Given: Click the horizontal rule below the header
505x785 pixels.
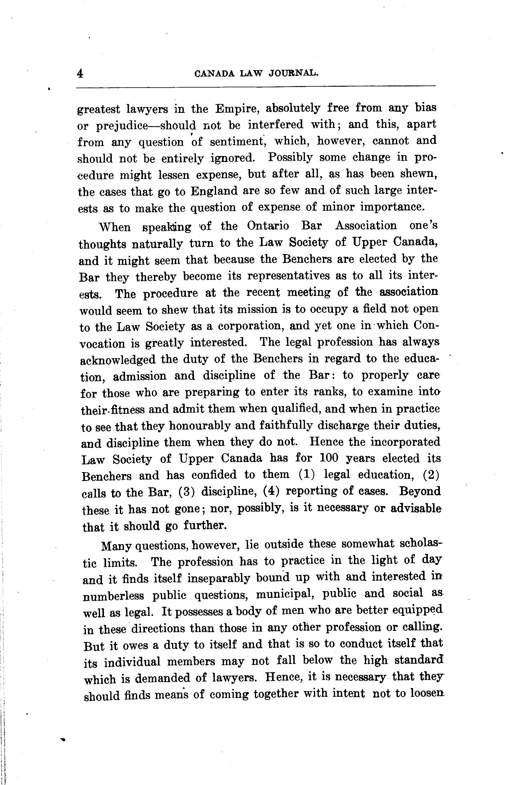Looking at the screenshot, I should pos(256,87).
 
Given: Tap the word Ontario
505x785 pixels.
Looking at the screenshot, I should pos(268,226).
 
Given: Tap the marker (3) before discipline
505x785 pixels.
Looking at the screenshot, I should pos(187,492).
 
